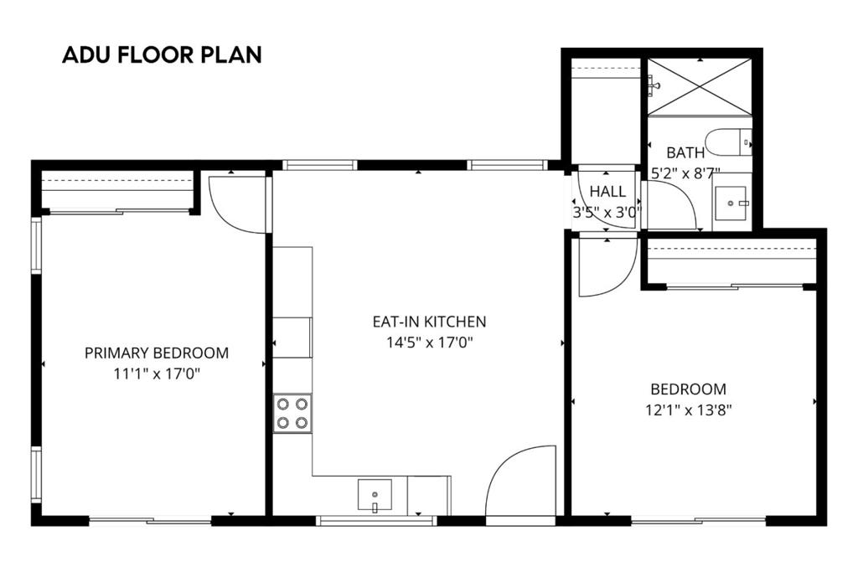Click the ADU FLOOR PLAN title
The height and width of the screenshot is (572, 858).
(x=162, y=55)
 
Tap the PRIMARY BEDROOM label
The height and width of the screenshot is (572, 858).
(x=157, y=353)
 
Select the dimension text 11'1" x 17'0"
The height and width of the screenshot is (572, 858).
(x=157, y=374)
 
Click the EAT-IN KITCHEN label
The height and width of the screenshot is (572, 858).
(x=429, y=321)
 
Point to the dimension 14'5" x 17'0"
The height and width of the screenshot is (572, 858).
(x=429, y=342)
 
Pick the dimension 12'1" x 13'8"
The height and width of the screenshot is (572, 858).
(x=687, y=410)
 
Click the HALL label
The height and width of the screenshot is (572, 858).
(x=607, y=192)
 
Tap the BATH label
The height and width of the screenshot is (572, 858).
(x=685, y=152)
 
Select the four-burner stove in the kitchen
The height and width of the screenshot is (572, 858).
(x=292, y=413)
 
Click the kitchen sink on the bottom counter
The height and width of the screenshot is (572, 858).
(x=375, y=495)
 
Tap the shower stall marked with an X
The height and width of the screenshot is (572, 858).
(x=700, y=87)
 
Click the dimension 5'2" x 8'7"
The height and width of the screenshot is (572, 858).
(x=685, y=174)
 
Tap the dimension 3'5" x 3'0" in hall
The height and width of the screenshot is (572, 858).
(x=607, y=213)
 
